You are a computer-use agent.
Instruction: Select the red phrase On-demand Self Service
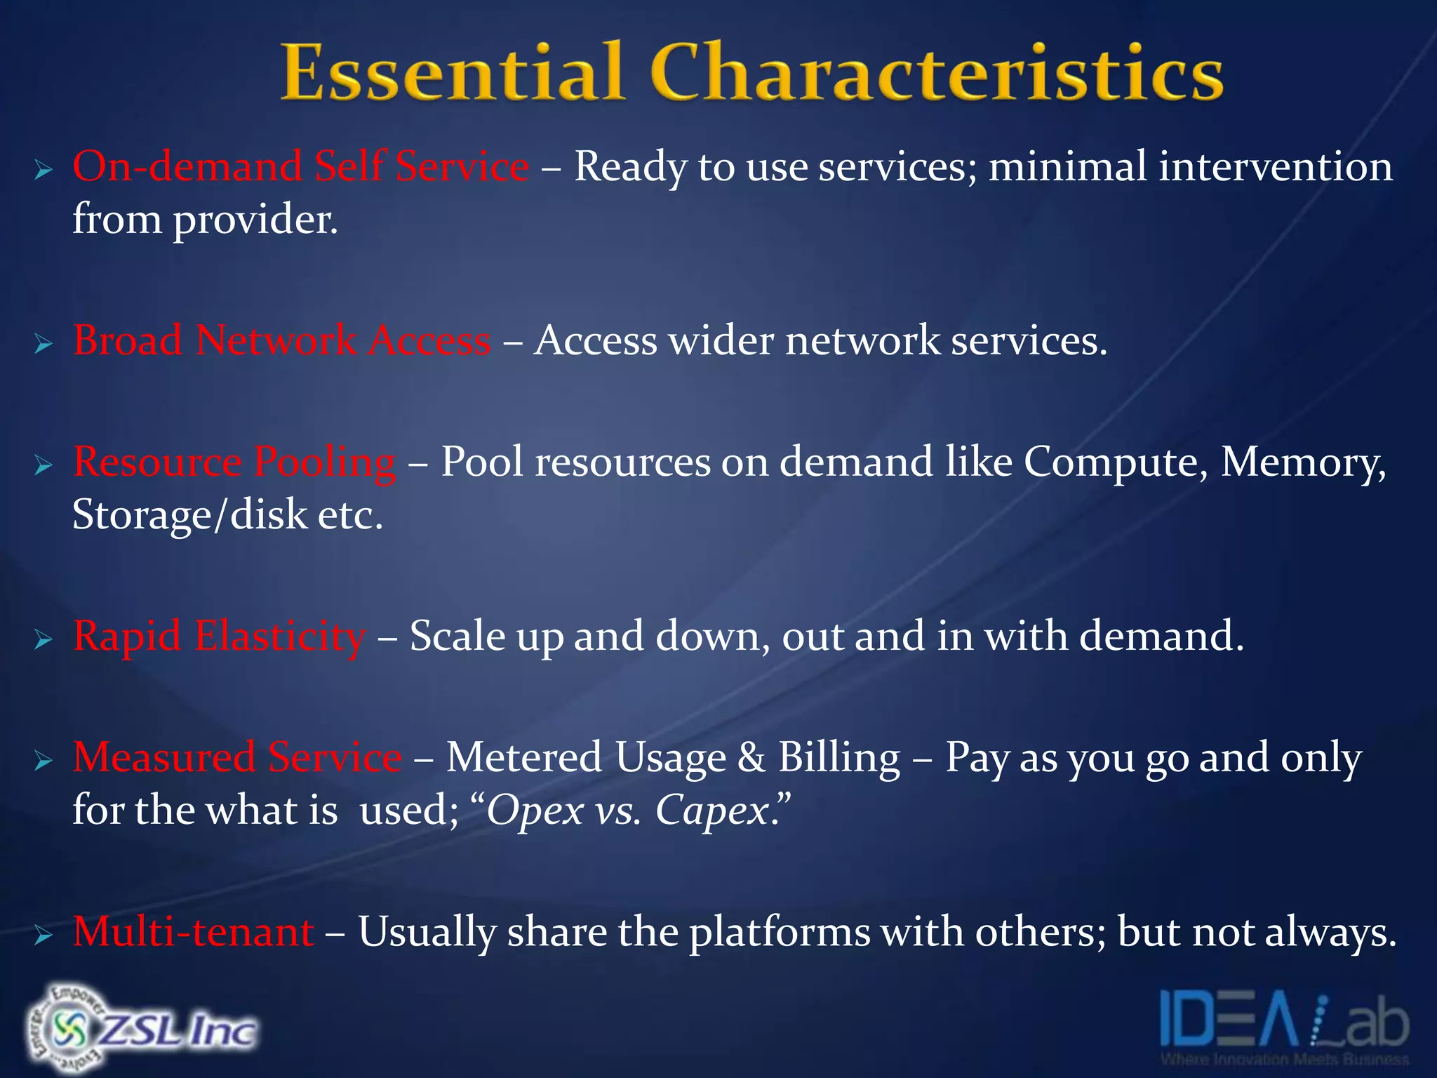click(x=300, y=167)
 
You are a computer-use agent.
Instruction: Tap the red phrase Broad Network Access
click(x=281, y=340)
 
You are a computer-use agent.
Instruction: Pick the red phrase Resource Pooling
click(x=234, y=463)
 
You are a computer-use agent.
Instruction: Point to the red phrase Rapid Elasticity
click(x=219, y=636)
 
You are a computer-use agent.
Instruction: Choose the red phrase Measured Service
click(x=237, y=758)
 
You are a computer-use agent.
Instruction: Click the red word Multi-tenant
click(x=193, y=932)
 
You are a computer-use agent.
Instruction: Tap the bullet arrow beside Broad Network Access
click(x=44, y=344)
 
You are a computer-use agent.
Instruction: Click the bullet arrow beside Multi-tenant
click(x=44, y=935)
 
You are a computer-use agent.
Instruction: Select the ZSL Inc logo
click(x=140, y=1029)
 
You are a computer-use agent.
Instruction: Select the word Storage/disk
click(x=189, y=515)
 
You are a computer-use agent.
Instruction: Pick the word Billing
click(x=839, y=758)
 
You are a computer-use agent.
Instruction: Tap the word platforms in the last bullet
click(x=779, y=933)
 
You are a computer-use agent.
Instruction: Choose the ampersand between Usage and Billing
click(x=751, y=758)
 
